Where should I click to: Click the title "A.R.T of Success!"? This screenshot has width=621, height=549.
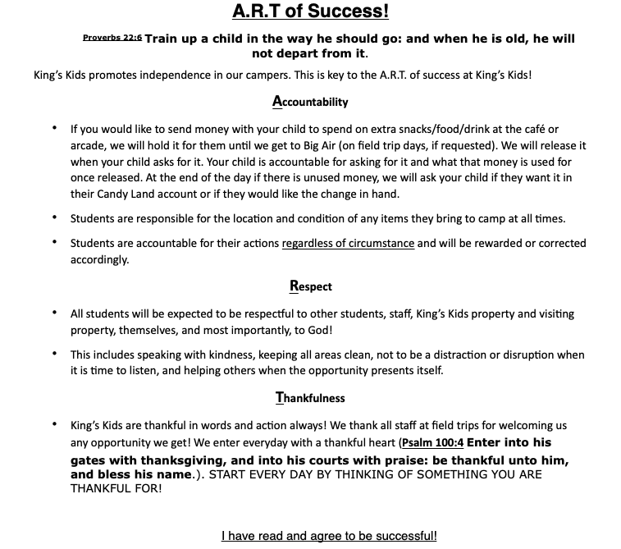click(310, 11)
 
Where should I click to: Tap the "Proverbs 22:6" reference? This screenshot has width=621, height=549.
click(112, 38)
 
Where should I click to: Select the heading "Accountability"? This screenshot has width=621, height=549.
click(310, 102)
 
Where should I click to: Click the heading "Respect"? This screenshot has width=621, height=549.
click(310, 287)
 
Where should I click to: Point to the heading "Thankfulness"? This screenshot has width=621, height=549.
click(310, 398)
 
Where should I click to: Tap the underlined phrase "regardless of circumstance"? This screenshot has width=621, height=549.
click(348, 244)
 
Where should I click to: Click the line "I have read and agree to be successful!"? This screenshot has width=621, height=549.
click(329, 536)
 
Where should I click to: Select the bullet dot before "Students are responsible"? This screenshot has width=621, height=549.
click(54, 218)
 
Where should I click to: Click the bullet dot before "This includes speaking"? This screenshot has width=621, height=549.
click(54, 355)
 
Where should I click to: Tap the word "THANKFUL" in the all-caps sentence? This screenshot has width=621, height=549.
click(103, 488)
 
